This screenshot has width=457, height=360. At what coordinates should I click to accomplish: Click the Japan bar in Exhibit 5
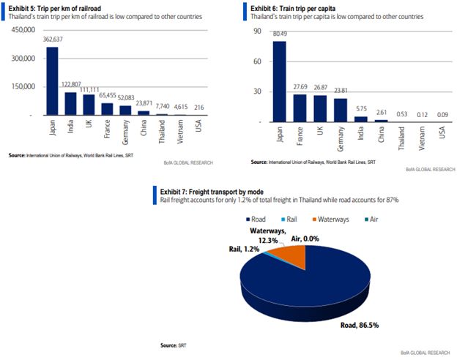[52, 80]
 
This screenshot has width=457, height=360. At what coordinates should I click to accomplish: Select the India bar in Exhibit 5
[71, 103]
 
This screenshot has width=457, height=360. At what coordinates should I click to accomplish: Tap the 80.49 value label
[280, 34]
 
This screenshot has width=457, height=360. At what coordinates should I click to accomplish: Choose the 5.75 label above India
[360, 108]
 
